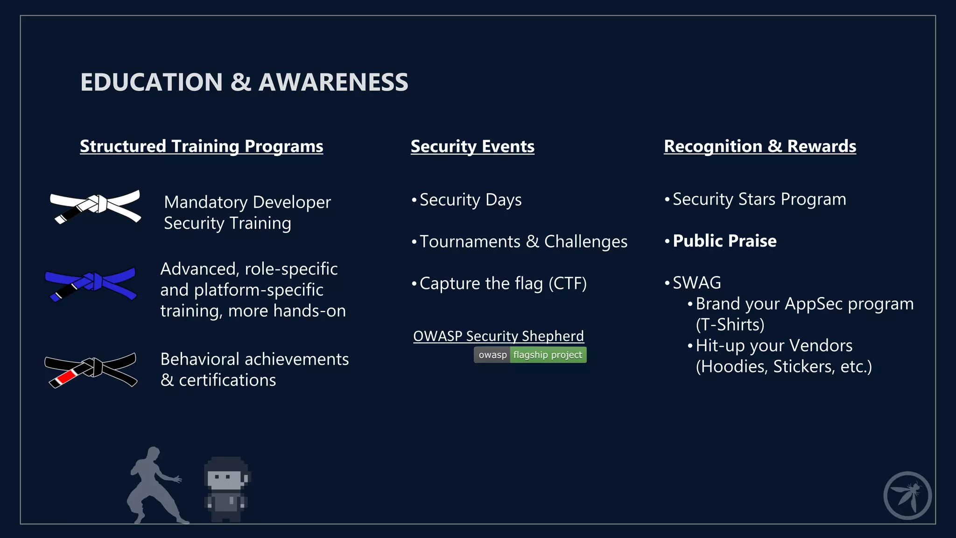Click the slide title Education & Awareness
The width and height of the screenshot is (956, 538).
[244, 82]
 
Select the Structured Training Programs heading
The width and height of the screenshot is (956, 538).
[201, 146]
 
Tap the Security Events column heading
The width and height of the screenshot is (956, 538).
[472, 147]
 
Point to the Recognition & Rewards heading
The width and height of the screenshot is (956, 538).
[760, 146]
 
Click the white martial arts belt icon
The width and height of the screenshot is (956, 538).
[96, 206]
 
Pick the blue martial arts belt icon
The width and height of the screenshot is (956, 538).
[91, 283]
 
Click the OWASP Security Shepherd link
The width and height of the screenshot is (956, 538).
[499, 336]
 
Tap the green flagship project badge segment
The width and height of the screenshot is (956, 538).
[548, 355]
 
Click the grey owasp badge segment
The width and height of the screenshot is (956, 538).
[492, 355]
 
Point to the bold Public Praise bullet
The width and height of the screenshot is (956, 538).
[724, 241]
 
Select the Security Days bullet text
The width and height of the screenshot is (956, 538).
[471, 200]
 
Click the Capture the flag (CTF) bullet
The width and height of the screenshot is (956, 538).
[503, 283]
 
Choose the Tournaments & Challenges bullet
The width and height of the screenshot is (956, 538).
[523, 242]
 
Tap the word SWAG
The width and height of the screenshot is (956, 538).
[697, 283]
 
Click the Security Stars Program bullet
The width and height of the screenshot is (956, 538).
[759, 199]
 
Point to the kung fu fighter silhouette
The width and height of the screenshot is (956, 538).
[154, 486]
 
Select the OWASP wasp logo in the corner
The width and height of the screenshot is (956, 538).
[907, 496]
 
